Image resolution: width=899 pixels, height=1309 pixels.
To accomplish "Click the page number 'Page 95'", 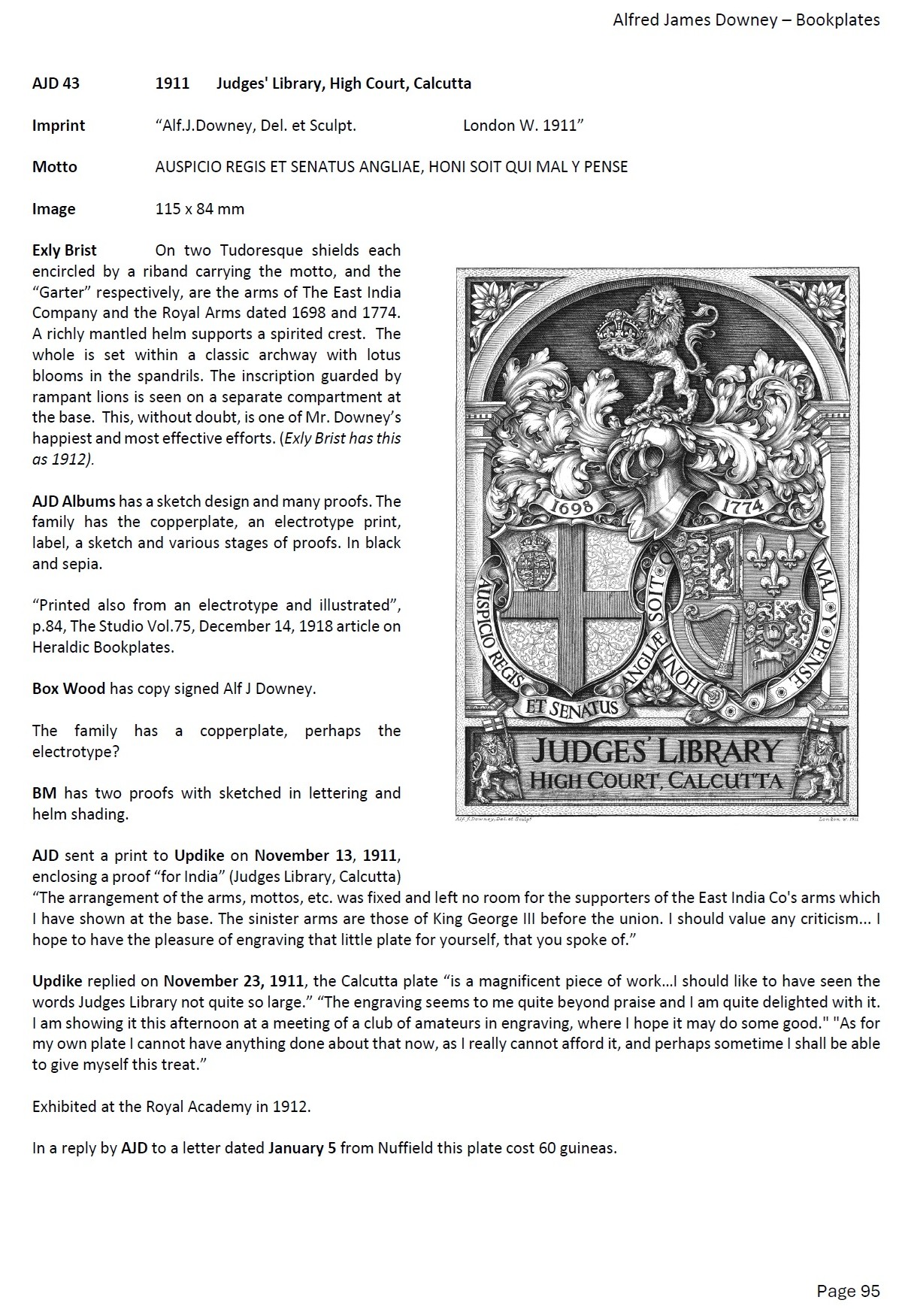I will point(848,1291).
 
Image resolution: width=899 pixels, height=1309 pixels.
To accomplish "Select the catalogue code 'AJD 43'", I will point(56,83).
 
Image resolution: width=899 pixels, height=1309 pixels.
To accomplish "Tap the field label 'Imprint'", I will point(59,126).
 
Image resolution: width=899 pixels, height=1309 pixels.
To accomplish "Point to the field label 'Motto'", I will point(54,167).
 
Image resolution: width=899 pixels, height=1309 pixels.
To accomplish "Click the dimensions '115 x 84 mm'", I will point(199,209).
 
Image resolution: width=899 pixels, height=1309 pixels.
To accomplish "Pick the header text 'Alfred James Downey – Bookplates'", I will point(746,20).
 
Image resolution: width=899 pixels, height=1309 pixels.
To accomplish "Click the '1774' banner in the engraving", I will point(743,505).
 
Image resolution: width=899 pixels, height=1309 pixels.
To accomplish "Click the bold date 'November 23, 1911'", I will point(234,981).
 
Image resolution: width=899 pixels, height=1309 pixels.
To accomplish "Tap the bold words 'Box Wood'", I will point(68,689).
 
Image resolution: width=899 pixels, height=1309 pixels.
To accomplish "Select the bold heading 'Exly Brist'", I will point(65,250).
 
